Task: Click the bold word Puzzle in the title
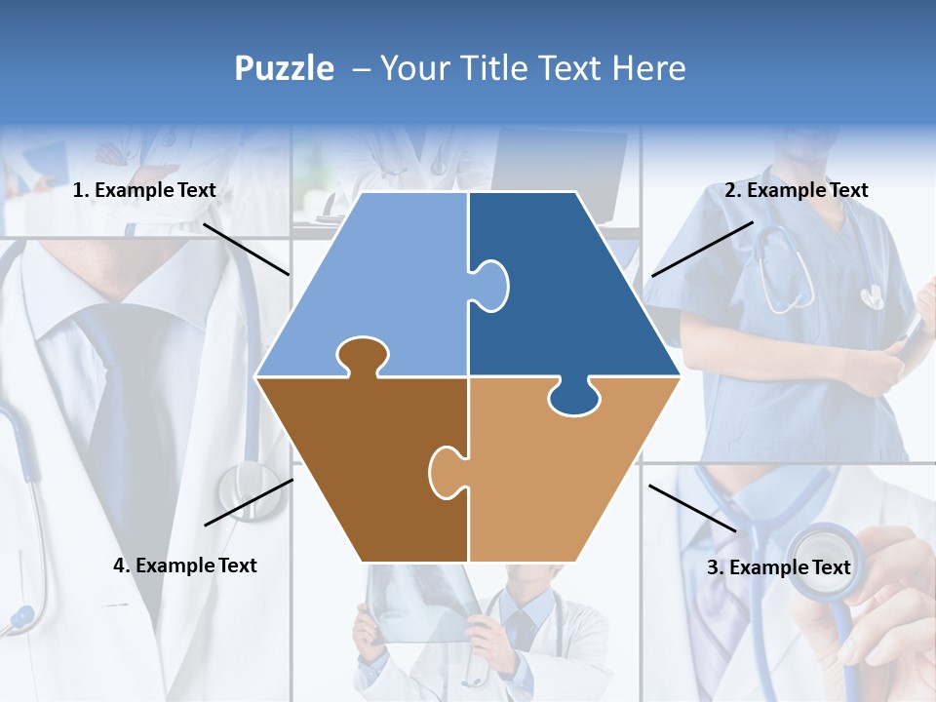[x=284, y=68]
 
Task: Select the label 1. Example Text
[x=144, y=191]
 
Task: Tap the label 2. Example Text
[x=796, y=191]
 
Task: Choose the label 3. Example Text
[x=778, y=567]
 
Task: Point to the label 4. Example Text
[x=184, y=565]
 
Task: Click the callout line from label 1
[x=246, y=249]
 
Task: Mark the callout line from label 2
[x=702, y=249]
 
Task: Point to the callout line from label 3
[x=692, y=508]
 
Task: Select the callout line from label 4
[x=249, y=502]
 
